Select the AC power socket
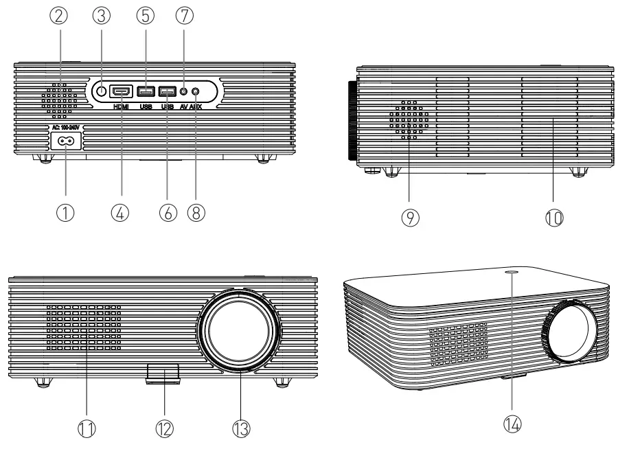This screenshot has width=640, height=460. [67, 141]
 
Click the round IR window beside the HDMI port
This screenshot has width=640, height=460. [100, 91]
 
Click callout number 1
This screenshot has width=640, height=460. [67, 214]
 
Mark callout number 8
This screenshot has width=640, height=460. [197, 214]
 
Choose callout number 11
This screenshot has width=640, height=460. [88, 430]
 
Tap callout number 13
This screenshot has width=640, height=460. [240, 430]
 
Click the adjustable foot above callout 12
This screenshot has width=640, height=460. [163, 373]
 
